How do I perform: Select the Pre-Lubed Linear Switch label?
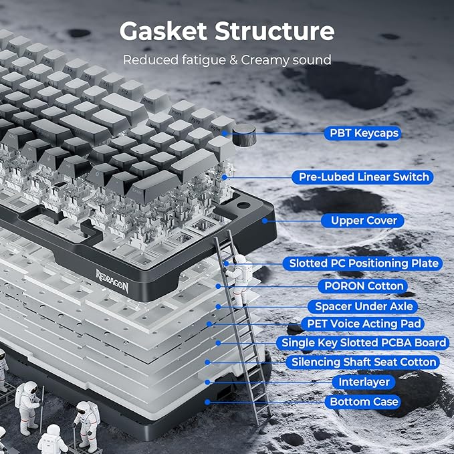tap(362, 177)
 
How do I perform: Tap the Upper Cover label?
tap(362, 221)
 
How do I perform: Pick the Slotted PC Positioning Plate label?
tap(362, 263)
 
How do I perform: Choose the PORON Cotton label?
tap(362, 286)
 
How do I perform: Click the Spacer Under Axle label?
tap(362, 306)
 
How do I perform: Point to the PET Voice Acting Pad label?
tap(362, 324)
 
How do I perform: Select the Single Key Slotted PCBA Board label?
tap(362, 343)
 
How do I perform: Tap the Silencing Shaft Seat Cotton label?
tap(362, 362)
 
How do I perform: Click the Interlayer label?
tap(364, 382)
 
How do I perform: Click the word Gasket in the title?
tap(164, 31)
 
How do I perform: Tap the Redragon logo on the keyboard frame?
tap(112, 281)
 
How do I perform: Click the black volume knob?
tap(244, 134)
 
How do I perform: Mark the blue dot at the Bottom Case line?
tap(207, 402)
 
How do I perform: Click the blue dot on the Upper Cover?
tap(265, 221)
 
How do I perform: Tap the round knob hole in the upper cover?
tap(243, 205)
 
